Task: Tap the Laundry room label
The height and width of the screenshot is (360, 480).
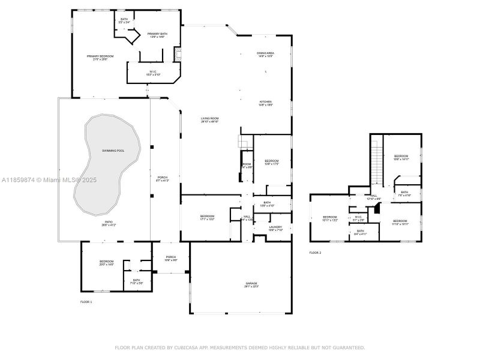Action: tap(275, 228)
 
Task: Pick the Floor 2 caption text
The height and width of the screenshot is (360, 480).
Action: tap(315, 253)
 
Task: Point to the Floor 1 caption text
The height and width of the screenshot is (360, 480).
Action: tap(86, 301)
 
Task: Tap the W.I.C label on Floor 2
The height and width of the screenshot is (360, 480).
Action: tap(358, 218)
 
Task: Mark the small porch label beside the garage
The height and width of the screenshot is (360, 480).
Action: tap(171, 258)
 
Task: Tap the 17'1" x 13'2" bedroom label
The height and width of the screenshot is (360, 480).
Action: tap(207, 217)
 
